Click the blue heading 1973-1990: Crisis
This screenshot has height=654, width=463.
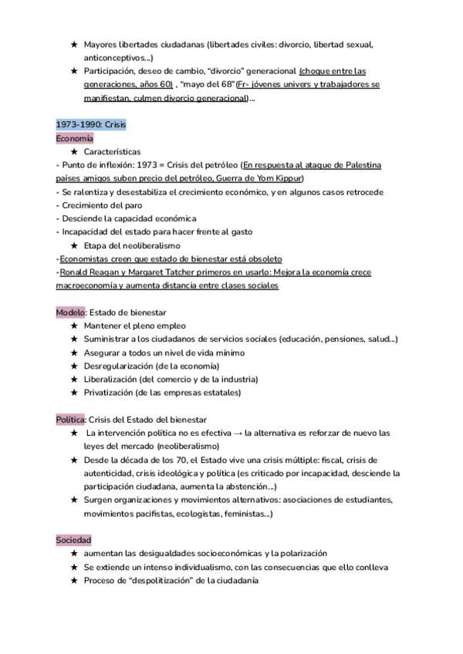click(x=91, y=124)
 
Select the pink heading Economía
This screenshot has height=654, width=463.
click(x=75, y=138)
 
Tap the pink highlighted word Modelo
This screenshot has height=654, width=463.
click(x=71, y=312)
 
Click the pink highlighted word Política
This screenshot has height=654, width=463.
click(x=70, y=419)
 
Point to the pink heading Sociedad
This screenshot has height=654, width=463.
click(x=74, y=539)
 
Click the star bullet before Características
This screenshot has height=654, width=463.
click(x=73, y=152)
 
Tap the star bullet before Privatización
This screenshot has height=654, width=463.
click(x=73, y=393)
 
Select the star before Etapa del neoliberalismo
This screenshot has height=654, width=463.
click(x=73, y=245)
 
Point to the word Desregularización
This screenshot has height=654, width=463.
click(x=118, y=366)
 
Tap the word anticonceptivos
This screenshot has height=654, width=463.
click(x=116, y=58)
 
